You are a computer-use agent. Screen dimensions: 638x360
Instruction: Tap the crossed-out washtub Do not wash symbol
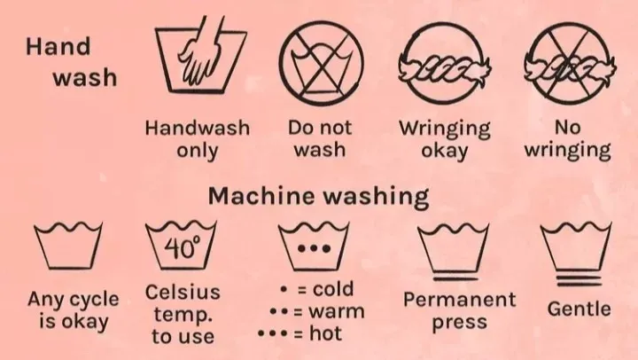pyautogui.click(x=322, y=62)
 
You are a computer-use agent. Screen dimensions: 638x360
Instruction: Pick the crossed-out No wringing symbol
pyautogui.click(x=570, y=63)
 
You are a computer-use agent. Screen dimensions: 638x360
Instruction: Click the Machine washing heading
pyautogui.click(x=318, y=196)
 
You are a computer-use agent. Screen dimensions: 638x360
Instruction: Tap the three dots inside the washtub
pyautogui.click(x=314, y=248)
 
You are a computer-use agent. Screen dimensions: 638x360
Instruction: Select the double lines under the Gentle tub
pyautogui.click(x=579, y=280)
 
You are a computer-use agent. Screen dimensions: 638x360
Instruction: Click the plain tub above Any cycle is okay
pyautogui.click(x=68, y=245)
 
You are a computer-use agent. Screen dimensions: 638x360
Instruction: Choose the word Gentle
pyautogui.click(x=579, y=309)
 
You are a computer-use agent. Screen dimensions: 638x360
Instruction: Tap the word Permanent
pyautogui.click(x=459, y=300)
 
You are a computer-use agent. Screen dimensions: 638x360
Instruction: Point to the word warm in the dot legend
pyautogui.click(x=336, y=311)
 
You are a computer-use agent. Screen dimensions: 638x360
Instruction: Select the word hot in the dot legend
pyautogui.click(x=325, y=333)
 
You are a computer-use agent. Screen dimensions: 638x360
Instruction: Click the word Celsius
pyautogui.click(x=183, y=292)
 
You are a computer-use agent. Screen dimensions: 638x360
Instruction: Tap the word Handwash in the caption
pyautogui.click(x=198, y=128)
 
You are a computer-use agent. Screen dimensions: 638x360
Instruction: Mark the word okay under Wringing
pyautogui.click(x=444, y=151)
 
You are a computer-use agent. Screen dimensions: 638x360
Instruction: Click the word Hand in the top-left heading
pyautogui.click(x=58, y=46)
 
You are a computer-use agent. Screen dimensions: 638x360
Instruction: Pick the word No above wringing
pyautogui.click(x=567, y=128)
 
